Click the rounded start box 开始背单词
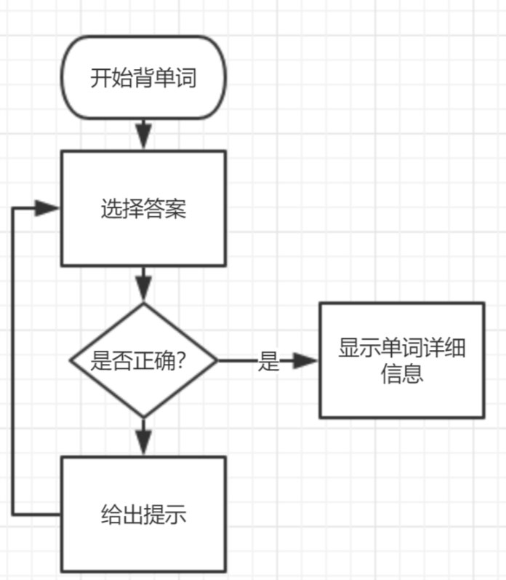(144, 77)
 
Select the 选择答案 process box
(143, 209)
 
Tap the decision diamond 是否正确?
(143, 360)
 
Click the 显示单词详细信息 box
(401, 360)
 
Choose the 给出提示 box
(143, 514)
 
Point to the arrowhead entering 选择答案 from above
(144, 138)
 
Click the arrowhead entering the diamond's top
(144, 291)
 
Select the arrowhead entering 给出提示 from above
(144, 444)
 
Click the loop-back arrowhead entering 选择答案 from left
(47, 209)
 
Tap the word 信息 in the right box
(402, 375)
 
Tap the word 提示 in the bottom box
(165, 515)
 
